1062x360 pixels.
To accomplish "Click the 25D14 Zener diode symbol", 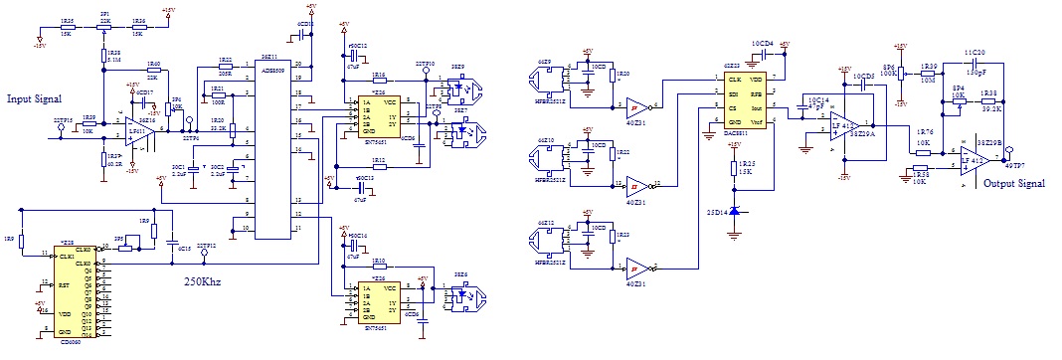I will tap(734, 212).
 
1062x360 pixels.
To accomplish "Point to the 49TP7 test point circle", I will tap(1008, 154).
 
